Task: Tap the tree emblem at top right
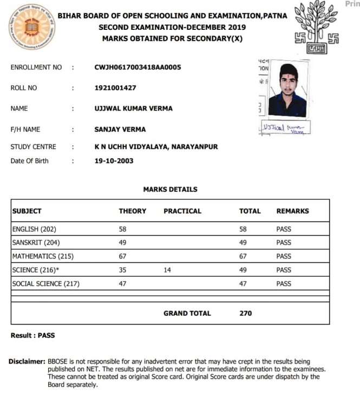(318, 27)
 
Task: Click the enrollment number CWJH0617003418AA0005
(138, 67)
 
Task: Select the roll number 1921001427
(115, 88)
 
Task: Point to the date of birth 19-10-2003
(114, 161)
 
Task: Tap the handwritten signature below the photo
(283, 128)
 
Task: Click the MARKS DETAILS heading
(170, 190)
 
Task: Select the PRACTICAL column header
(182, 211)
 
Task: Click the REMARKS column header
(292, 211)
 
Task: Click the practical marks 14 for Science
(167, 270)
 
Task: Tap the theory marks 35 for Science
(123, 270)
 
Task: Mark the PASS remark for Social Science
(284, 283)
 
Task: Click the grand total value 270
(245, 313)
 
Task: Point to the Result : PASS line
(32, 335)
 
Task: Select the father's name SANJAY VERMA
(120, 129)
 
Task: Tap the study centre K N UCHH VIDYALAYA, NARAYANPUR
(156, 147)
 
